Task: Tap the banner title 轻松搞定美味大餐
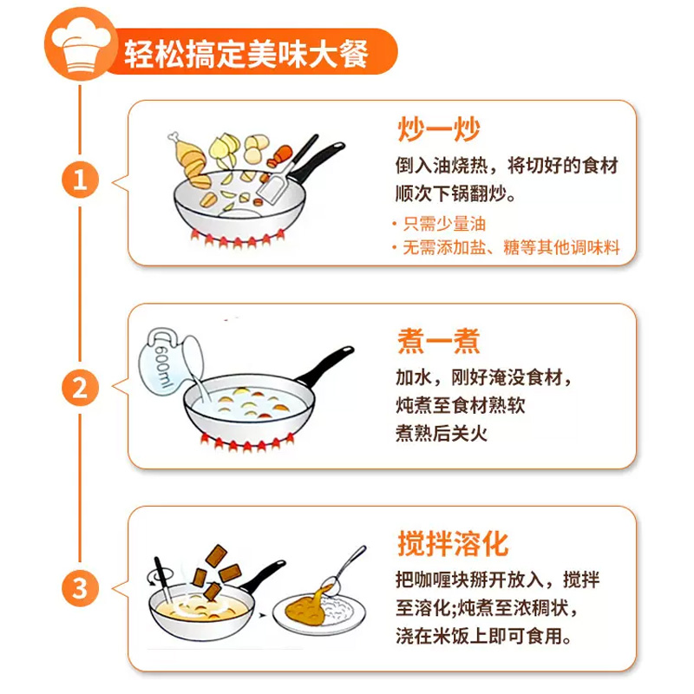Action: click(x=246, y=54)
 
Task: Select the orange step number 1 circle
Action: click(x=80, y=180)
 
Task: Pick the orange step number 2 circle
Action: click(x=80, y=388)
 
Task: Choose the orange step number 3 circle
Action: click(x=80, y=588)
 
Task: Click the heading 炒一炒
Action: click(x=438, y=129)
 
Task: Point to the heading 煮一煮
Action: click(x=438, y=341)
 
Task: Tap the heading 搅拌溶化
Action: click(x=452, y=543)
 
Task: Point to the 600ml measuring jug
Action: click(x=170, y=361)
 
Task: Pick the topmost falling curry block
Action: click(x=216, y=556)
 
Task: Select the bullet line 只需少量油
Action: click(x=440, y=224)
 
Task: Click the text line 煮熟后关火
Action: click(x=442, y=433)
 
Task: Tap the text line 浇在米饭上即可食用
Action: click(x=483, y=636)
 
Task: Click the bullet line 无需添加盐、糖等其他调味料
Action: click(x=506, y=247)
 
